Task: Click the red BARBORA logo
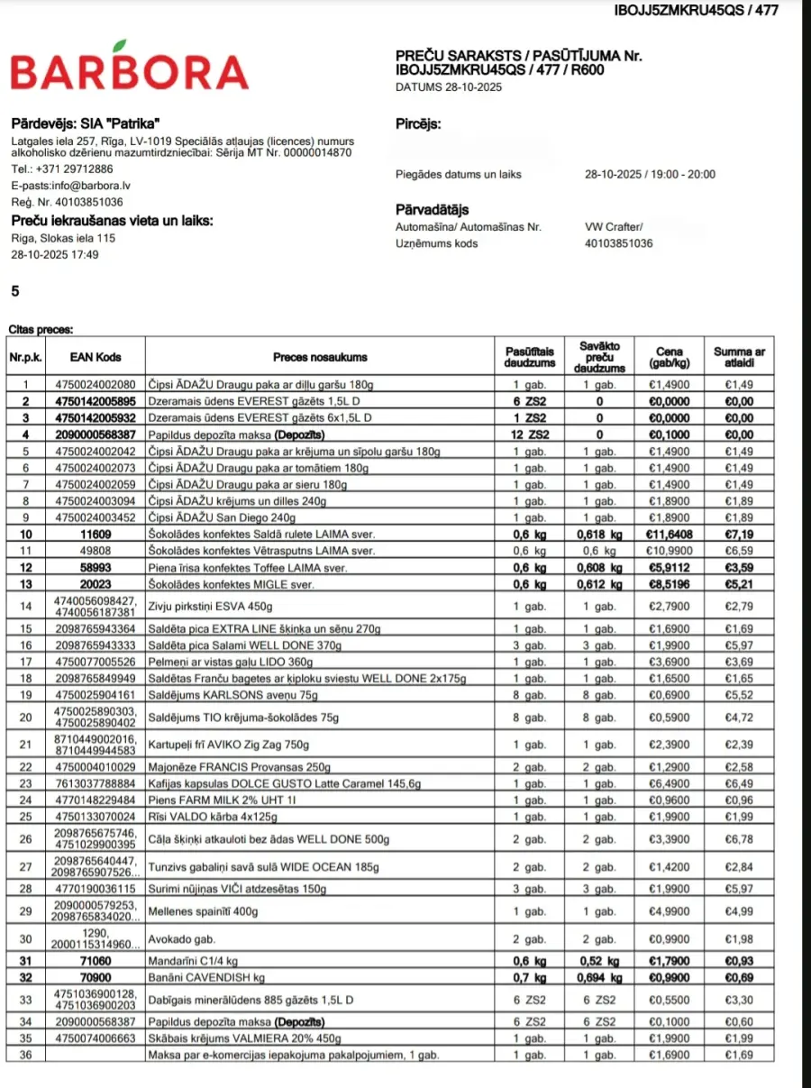coord(129,69)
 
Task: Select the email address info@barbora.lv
coord(87,186)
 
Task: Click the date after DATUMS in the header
coord(471,87)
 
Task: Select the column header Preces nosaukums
coord(321,357)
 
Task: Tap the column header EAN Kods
coord(96,357)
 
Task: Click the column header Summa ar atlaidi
coord(739,357)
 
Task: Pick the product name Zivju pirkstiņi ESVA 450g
coord(206,606)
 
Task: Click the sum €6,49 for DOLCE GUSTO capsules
coord(739,784)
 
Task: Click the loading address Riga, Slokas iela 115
coord(63,238)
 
